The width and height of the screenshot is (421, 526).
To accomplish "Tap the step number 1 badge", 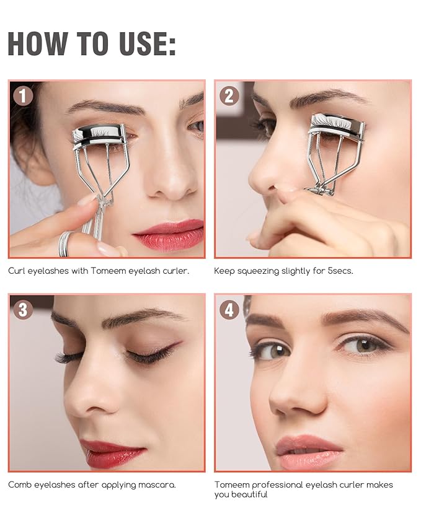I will (x=24, y=95).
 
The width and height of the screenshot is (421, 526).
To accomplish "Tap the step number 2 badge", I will (x=229, y=95).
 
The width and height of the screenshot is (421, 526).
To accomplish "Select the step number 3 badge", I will (x=24, y=309).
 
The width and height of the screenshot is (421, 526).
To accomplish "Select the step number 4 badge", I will (x=229, y=309).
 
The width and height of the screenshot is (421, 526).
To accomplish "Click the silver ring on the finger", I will (x=66, y=243).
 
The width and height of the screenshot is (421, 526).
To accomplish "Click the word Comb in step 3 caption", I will (x=19, y=484).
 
